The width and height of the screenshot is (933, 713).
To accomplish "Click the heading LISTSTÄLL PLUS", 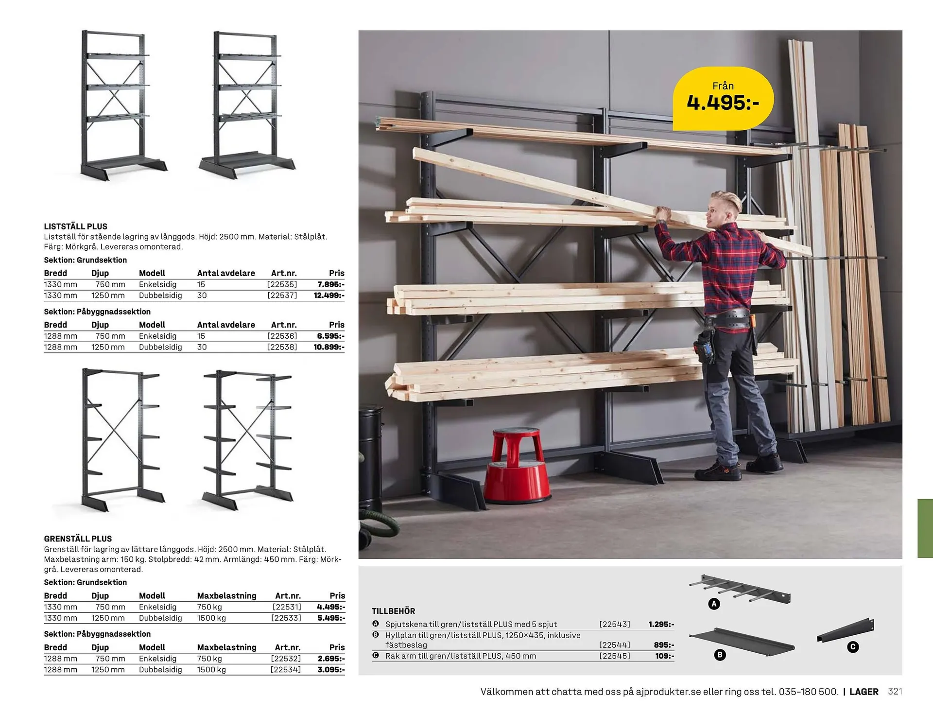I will pos(75,226).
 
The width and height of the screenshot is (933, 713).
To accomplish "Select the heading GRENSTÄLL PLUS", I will pos(78,539).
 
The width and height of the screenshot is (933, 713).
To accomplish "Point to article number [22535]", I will pos(282,284).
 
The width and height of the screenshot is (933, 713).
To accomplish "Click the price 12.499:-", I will pos(329,296).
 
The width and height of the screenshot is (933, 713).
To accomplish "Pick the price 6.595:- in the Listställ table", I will pos(330,336).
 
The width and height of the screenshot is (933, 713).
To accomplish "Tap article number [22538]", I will pos(282,347).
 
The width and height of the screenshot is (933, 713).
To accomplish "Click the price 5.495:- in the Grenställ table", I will pos(331,618).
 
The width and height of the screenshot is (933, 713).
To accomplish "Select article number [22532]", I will pos(286,659).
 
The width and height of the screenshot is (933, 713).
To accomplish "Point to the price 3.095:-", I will pos(331,670).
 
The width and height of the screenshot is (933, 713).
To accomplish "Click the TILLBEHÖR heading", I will pos(394,611).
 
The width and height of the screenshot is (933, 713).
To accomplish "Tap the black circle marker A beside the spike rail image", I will pos(714,604).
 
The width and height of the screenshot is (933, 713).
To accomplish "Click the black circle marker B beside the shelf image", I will pos(720,655).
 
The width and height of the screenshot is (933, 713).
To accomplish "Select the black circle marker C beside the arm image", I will pos(853,647).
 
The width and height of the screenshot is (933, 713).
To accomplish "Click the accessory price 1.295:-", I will pos(661,625).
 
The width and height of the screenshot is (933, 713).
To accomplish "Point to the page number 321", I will pos(895,692).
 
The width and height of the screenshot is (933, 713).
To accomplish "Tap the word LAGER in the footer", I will pos(864,692).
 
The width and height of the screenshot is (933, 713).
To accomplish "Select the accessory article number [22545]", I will pos(615,656).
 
